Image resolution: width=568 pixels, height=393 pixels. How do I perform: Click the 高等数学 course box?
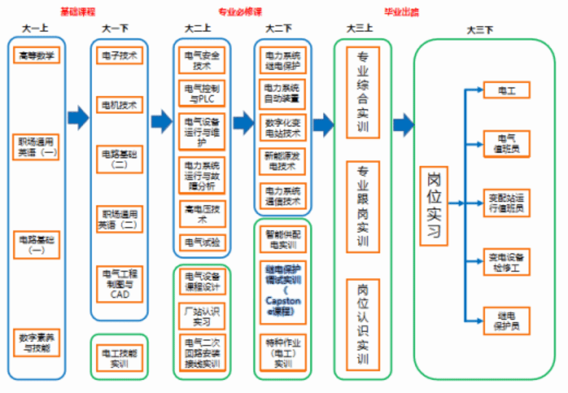pyautogui.click(x=37, y=55)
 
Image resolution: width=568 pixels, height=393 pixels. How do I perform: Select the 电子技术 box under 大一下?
pyautogui.click(x=119, y=55)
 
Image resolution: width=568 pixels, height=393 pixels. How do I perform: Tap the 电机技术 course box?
pyautogui.click(x=119, y=105)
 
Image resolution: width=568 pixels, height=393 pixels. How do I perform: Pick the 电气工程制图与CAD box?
pyautogui.click(x=119, y=284)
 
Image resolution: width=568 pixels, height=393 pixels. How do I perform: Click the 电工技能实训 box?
pyautogui.click(x=119, y=358)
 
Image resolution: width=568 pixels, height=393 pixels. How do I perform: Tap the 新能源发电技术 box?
pyautogui.click(x=283, y=161)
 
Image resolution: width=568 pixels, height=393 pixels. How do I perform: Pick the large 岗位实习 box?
pyautogui.click(x=434, y=206)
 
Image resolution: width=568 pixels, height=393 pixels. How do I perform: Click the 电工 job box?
pyautogui.click(x=506, y=90)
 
